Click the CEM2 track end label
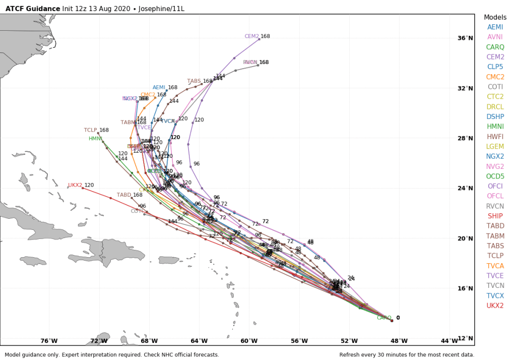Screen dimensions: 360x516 (251, 36)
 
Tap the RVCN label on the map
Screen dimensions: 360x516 (250, 63)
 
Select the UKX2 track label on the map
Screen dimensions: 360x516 (75, 186)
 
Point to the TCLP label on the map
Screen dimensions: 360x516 (91, 130)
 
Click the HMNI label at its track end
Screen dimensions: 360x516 (95, 139)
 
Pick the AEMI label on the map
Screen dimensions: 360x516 (159, 88)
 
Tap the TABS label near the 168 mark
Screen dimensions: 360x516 (194, 81)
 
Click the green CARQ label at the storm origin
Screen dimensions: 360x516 (384, 318)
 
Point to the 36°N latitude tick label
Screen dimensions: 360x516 (465, 38)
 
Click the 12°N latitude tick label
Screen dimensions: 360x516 (465, 338)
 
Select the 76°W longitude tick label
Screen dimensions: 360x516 (49, 341)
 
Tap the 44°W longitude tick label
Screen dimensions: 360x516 (449, 341)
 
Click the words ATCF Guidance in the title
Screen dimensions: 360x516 (32, 9)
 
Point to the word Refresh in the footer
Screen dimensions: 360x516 (351, 355)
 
